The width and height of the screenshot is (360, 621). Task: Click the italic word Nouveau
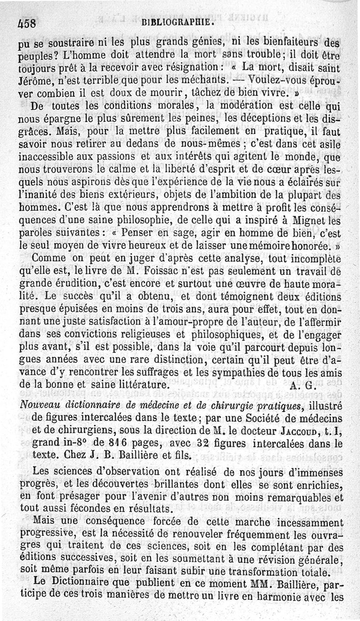tap(37, 397)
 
